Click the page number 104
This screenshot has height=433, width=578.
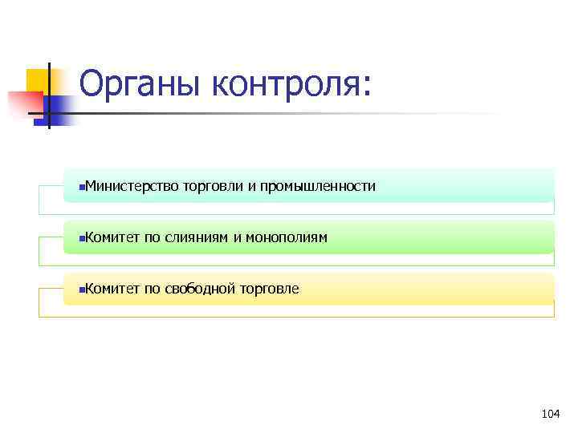[550, 414]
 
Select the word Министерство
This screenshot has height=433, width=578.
[132, 186]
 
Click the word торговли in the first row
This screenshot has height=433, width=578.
[213, 186]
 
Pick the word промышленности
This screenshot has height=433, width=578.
[317, 186]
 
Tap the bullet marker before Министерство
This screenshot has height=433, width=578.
[82, 187]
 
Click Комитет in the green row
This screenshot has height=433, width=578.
[112, 237]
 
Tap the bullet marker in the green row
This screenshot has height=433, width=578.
[82, 238]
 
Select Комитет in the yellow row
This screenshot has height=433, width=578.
[112, 289]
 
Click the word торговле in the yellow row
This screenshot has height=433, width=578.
[269, 289]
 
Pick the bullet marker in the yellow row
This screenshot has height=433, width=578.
[82, 289]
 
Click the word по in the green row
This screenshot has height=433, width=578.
[152, 237]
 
